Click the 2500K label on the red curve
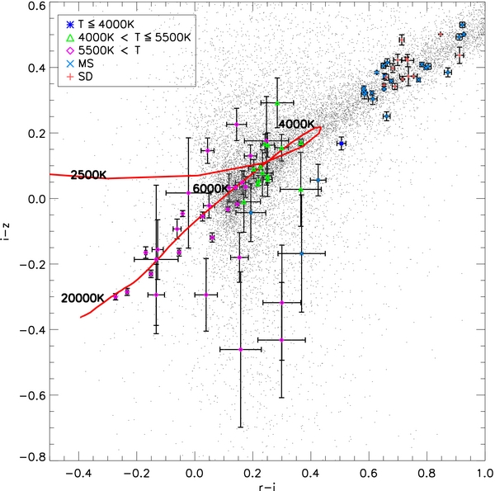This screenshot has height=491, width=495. pos(88,175)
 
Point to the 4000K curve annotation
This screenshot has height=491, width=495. pos(295,124)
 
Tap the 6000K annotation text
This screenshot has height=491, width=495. pos(210,189)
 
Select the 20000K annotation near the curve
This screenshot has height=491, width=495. pos(82,298)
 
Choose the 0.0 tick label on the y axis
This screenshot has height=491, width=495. pos(33,199)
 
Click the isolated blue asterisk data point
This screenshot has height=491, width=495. pos(341,144)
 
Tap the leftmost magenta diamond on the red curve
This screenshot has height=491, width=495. pos(115,295)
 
